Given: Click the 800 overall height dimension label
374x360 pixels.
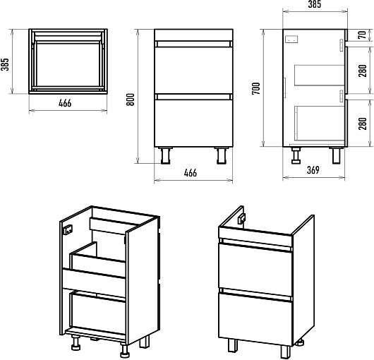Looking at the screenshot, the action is click(131, 100).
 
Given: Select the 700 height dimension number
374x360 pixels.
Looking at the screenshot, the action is click(256, 88).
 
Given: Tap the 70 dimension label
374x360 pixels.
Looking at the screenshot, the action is click(363, 35).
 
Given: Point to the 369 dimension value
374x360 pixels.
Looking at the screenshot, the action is click(313, 170).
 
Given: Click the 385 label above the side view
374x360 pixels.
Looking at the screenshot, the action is click(314, 4).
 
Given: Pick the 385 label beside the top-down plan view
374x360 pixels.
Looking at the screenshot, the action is click(5, 64).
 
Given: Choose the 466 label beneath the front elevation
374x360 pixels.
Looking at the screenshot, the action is click(191, 173).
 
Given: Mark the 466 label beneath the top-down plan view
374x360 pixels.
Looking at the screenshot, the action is click(65, 103).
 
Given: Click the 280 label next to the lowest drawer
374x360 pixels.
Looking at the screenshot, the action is click(363, 124).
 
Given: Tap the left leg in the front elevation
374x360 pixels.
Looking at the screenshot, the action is click(166, 155).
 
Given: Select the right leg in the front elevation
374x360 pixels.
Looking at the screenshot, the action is click(222, 155).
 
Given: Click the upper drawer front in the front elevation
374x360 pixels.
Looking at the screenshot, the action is click(193, 69).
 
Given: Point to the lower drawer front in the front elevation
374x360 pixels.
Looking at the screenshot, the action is click(193, 123).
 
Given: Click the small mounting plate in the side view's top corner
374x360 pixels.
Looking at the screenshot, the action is click(292, 39).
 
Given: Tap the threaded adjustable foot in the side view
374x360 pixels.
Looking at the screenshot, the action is click(296, 155).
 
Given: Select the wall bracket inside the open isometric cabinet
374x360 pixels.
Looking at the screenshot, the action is click(68, 230).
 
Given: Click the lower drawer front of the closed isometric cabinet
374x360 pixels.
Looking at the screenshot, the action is click(255, 318).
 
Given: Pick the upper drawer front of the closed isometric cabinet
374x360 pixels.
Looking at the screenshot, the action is click(255, 270).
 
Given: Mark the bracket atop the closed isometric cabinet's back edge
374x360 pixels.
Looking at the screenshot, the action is click(242, 218).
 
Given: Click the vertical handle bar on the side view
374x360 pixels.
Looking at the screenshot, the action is click(285, 88).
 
